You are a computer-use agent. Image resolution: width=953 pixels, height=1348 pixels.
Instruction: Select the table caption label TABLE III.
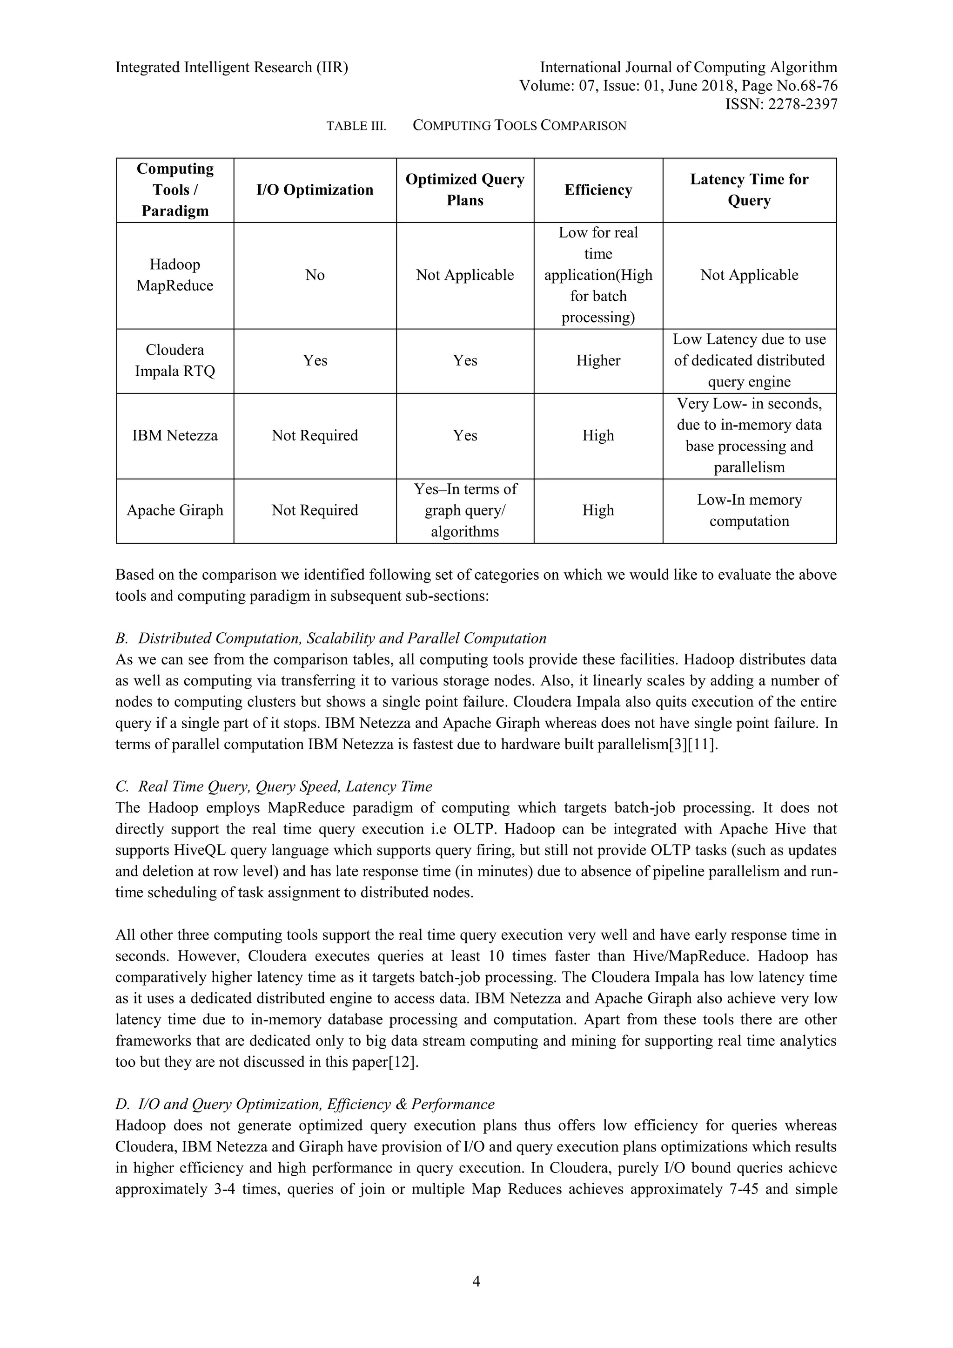coord(356,126)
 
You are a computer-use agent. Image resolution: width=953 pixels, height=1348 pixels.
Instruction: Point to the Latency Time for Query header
coord(749,190)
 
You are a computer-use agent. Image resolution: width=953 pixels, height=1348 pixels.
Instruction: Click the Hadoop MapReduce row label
coord(175,275)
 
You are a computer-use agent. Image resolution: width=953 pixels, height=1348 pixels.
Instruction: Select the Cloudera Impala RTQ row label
coord(175,360)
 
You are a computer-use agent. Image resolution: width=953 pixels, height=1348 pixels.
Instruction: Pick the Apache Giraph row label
coord(175,510)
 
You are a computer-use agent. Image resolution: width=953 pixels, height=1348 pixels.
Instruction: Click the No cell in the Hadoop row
coord(315,275)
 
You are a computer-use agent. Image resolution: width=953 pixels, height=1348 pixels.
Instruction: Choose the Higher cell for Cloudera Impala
coord(598,360)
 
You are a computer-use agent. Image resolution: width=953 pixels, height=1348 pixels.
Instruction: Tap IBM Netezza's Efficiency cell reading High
coord(598,436)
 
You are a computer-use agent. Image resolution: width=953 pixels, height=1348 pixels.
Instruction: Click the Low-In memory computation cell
coord(749,510)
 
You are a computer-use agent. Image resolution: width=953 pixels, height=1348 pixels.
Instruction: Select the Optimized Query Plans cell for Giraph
coord(465,510)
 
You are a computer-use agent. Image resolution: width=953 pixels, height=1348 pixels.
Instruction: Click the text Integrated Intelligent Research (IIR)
coord(232,68)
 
